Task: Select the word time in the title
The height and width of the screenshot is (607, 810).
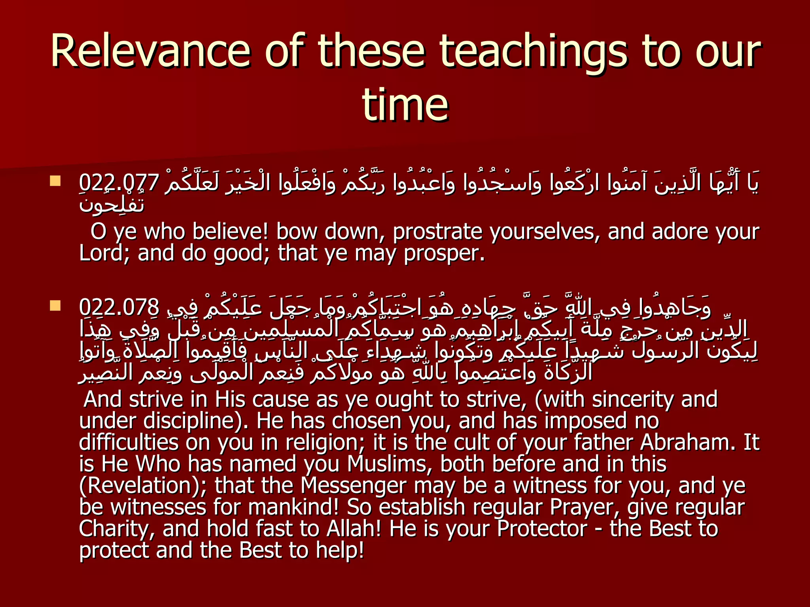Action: click(405, 105)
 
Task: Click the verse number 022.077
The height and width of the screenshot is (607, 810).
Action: click(119, 183)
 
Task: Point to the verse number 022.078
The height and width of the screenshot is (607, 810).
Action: click(119, 307)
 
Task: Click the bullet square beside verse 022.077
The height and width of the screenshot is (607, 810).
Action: click(55, 181)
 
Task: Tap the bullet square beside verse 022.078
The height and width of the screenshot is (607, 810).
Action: click(55, 305)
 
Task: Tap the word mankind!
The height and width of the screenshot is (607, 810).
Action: click(293, 507)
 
